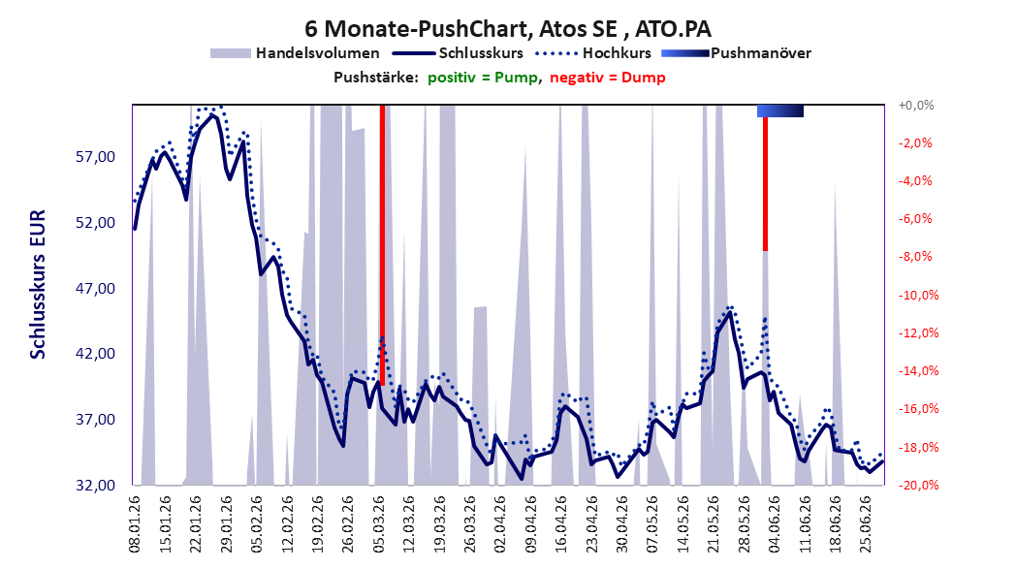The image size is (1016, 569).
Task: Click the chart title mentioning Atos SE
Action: coord(508,29)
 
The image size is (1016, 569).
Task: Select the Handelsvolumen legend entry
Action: coord(295,53)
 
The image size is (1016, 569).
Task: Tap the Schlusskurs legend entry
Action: coord(458,53)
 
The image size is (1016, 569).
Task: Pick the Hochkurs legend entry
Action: coord(593,53)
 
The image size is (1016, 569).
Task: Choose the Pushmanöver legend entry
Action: coord(736,53)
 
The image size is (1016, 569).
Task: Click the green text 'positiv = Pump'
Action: coord(483,78)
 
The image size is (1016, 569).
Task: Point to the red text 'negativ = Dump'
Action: coord(608,78)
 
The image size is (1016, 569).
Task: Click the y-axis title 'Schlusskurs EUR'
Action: coord(38,284)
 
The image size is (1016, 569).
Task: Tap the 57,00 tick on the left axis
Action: coord(95,157)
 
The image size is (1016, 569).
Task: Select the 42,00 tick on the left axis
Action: coord(95,354)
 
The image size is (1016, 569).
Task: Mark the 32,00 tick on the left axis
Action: coord(95,486)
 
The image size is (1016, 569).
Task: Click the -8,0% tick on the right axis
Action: coord(915,257)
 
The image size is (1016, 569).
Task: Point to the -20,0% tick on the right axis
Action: coord(918,486)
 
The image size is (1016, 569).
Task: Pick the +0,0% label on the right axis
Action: coord(915,105)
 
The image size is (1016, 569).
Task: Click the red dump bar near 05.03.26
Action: coord(382,245)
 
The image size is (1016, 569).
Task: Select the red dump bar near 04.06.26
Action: coord(765,183)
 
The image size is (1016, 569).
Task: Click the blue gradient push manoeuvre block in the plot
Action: coord(780,111)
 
